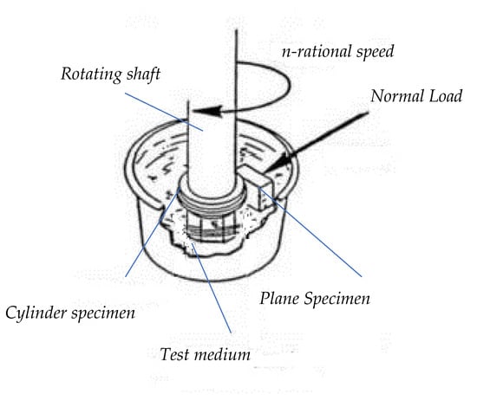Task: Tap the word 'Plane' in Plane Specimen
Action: click(x=279, y=298)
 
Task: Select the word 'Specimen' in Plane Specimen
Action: click(x=337, y=299)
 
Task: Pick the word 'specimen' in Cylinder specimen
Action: click(x=103, y=313)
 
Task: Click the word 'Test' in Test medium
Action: click(x=174, y=354)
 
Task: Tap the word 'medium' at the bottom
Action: click(x=222, y=354)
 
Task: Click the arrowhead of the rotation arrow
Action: click(x=207, y=111)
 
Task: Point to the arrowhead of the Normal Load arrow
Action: click(x=278, y=163)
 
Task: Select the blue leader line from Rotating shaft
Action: click(x=164, y=112)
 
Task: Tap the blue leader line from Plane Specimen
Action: click(x=310, y=232)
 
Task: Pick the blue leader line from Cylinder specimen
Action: click(x=153, y=232)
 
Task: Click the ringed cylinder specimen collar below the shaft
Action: click(x=212, y=199)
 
